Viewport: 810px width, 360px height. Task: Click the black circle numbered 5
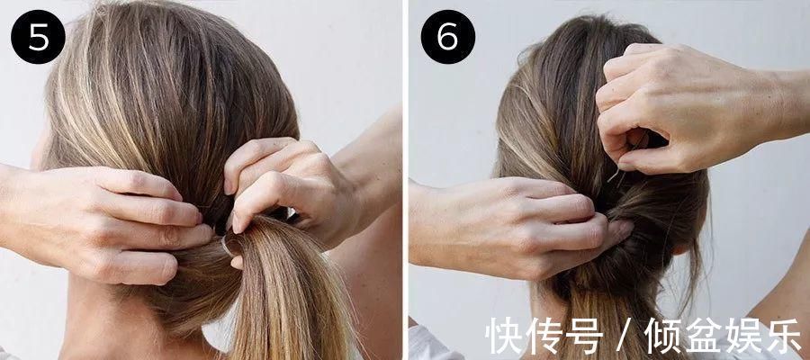tap(38, 37)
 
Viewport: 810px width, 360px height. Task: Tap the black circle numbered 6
tap(448, 37)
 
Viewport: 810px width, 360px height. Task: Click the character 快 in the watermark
tap(505, 336)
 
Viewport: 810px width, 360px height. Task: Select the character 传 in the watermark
tap(545, 336)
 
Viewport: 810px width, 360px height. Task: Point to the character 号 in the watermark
tap(584, 336)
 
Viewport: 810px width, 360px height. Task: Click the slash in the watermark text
tap(625, 337)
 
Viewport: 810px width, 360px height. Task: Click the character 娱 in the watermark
tap(744, 336)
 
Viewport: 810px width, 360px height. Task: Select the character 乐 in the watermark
tap(783, 336)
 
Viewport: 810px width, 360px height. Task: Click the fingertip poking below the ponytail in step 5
tap(236, 262)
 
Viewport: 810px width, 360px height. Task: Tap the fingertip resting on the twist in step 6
tap(624, 229)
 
